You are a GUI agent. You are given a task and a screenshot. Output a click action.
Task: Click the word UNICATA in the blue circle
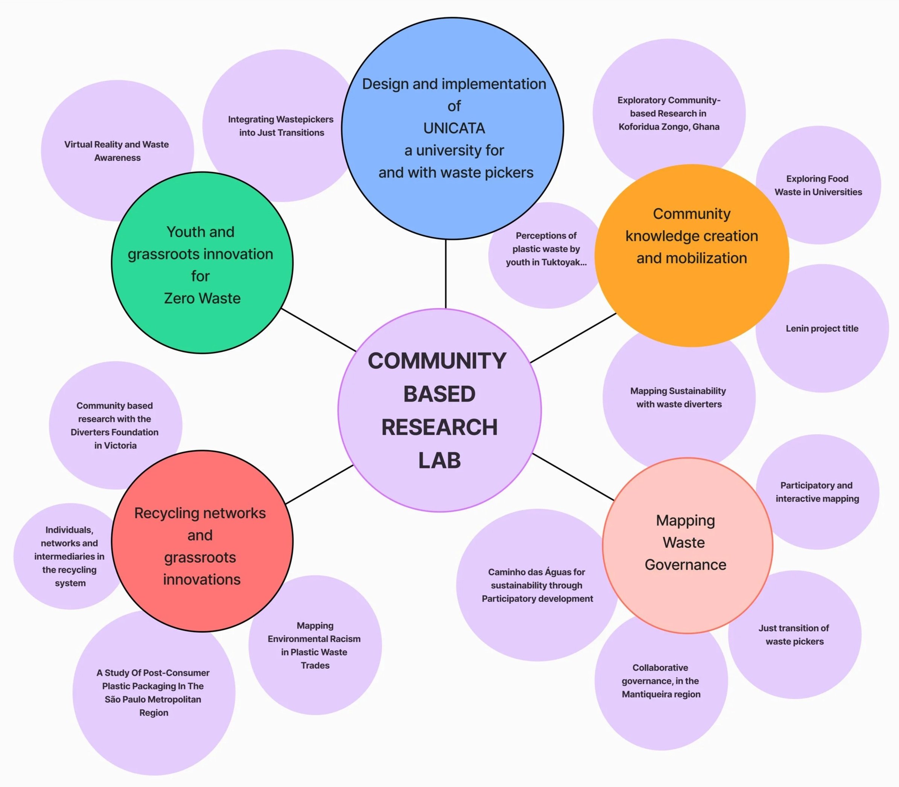(454, 128)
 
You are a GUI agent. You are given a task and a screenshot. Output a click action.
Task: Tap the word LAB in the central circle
(439, 460)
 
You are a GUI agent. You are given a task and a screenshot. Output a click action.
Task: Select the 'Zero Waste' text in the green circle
(202, 298)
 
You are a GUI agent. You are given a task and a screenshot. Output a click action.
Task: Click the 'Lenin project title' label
(822, 329)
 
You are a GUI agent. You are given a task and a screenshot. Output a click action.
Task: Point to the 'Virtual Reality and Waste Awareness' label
(117, 151)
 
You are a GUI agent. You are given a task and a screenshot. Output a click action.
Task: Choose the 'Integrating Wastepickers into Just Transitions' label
(281, 126)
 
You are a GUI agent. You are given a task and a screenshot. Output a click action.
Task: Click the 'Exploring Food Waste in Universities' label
(818, 185)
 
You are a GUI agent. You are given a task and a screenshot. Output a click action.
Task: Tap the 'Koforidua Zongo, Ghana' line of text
(669, 127)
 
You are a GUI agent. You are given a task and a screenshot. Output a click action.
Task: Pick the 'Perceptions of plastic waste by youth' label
(546, 249)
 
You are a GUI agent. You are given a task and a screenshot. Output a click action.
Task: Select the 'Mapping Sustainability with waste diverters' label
(678, 397)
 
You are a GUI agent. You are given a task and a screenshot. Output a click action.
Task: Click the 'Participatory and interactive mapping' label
(817, 492)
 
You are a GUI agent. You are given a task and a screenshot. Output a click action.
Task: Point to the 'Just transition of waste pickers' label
(794, 635)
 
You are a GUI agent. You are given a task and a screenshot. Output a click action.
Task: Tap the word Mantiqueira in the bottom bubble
(643, 694)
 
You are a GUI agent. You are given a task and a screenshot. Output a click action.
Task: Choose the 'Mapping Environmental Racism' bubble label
(315, 645)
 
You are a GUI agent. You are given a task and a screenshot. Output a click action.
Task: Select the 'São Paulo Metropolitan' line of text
(153, 699)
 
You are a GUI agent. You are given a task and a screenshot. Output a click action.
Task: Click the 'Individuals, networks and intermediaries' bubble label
(69, 556)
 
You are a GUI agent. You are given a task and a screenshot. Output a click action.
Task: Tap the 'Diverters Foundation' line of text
(115, 432)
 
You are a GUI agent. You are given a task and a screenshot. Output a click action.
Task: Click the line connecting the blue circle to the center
(446, 274)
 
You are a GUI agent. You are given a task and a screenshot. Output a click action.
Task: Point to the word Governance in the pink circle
(685, 565)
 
